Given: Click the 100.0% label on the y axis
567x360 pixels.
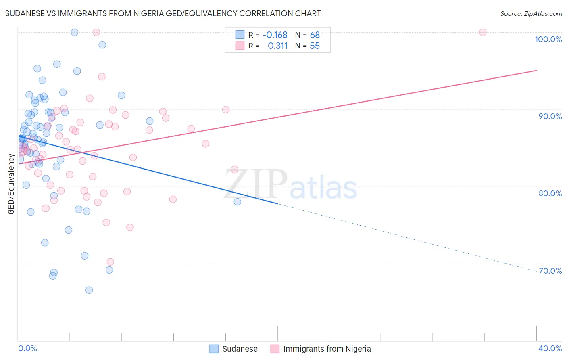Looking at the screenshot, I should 548,39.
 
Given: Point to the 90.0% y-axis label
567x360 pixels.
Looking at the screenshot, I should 550,116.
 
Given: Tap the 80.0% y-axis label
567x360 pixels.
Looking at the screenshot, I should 550,193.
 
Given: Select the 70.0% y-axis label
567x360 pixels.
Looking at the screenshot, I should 550,271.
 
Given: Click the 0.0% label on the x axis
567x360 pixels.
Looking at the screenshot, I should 27,348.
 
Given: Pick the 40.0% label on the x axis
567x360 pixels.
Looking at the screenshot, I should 550,348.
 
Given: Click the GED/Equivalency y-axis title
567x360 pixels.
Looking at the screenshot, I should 11,184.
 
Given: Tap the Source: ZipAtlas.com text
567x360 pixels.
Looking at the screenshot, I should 531,13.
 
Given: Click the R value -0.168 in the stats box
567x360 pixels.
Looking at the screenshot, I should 275,35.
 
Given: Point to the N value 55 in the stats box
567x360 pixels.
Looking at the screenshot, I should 315,46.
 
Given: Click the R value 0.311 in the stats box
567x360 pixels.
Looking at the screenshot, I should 277,46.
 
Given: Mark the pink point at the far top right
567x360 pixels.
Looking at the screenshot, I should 483,32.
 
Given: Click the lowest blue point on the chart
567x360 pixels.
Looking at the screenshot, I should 89,290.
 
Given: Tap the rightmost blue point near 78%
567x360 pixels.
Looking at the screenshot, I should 238,202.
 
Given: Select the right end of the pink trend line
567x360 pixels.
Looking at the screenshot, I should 536,71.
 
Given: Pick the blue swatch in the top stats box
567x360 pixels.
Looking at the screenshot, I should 240,35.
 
